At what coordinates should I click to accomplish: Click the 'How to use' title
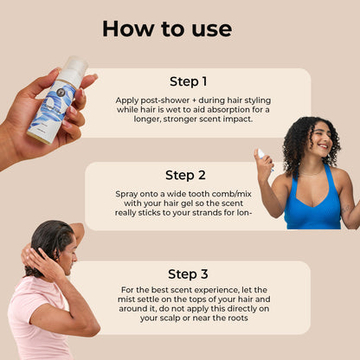[x=167, y=29]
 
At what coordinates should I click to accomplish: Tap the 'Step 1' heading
[x=189, y=81]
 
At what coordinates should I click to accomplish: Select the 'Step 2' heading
[x=185, y=175]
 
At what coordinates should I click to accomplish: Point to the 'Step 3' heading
[x=188, y=274]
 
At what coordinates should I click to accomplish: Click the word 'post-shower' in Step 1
[x=164, y=100]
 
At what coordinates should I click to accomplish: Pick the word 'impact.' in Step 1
[x=238, y=119]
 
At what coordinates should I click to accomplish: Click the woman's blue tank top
[x=313, y=202]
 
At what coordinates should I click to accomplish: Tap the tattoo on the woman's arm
[x=346, y=209]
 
